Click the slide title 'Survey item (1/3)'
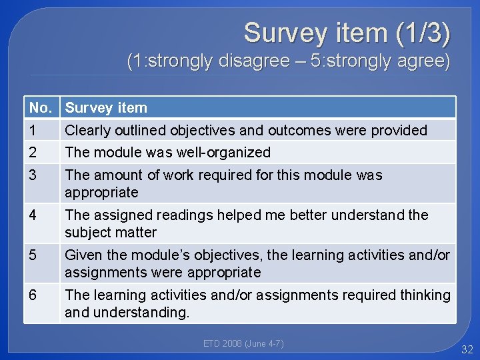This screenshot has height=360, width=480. point(346,33)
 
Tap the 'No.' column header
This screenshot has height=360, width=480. point(40,107)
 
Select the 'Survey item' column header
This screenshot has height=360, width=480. point(106,107)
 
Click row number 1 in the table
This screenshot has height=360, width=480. point(32,130)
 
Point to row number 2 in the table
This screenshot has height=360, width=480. point(33,152)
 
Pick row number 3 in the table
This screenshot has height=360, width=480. point(33,175)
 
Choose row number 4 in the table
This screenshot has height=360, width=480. point(33,215)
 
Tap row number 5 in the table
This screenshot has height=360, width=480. point(33,255)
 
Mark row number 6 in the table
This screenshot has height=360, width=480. point(33,295)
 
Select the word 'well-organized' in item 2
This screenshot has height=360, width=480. point(223,152)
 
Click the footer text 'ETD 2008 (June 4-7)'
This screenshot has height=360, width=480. point(243,343)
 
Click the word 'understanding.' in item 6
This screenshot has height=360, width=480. point(127,312)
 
